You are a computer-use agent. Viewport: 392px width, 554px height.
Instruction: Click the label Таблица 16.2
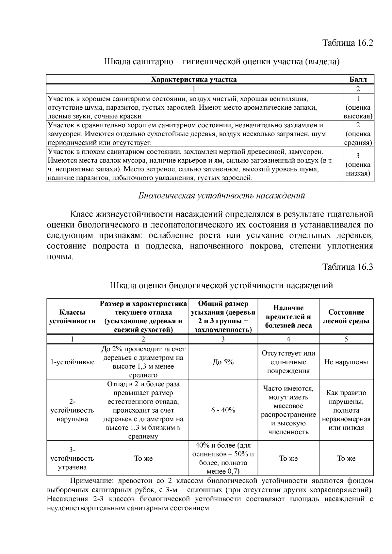[348, 43]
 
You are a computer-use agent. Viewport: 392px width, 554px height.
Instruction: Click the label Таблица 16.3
[348, 267]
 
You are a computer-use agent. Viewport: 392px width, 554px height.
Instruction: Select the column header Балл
[358, 79]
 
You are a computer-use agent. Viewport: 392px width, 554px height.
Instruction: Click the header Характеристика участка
[194, 79]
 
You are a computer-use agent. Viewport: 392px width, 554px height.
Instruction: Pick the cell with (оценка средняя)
[358, 134]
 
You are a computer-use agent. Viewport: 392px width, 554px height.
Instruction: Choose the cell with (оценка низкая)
[358, 165]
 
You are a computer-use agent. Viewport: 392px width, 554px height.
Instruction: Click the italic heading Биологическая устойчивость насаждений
[221, 196]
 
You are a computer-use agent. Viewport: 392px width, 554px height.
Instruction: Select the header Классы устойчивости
[72, 317]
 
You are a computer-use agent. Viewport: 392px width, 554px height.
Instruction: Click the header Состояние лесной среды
[346, 317]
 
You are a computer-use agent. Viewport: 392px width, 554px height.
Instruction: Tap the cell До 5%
[223, 362]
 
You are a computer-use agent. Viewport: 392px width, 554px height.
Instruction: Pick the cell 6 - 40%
[223, 410]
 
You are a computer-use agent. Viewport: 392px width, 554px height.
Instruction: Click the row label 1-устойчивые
[72, 362]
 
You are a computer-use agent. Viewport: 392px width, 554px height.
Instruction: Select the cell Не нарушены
[346, 362]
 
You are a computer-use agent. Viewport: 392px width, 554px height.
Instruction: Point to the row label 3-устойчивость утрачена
[72, 458]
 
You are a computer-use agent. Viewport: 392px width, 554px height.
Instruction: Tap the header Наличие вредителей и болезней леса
[288, 317]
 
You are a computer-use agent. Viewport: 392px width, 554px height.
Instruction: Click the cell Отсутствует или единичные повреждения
[288, 362]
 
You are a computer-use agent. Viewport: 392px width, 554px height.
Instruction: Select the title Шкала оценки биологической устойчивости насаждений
[221, 286]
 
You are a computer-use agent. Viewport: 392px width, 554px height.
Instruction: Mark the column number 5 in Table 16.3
[346, 339]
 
